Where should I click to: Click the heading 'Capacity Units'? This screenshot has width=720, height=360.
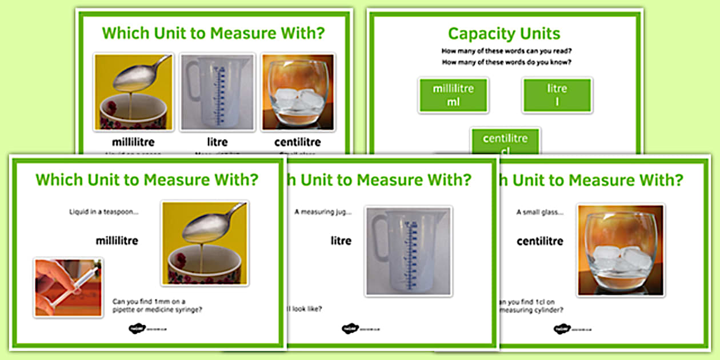pyautogui.click(x=504, y=33)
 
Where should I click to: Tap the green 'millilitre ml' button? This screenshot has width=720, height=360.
pyautogui.click(x=453, y=95)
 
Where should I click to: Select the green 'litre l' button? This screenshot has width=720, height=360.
pyautogui.click(x=557, y=95)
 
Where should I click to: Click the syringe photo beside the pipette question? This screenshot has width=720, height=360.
pyautogui.click(x=68, y=287)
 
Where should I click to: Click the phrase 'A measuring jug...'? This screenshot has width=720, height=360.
pyautogui.click(x=323, y=212)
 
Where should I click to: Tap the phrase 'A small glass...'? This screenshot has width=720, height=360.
pyautogui.click(x=540, y=212)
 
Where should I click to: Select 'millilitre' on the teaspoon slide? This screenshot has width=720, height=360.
pyautogui.click(x=117, y=241)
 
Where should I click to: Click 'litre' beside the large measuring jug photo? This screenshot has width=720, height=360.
pyautogui.click(x=341, y=241)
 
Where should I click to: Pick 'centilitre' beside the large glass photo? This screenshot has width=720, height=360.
pyautogui.click(x=540, y=241)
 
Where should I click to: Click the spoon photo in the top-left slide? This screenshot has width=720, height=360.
pyautogui.click(x=133, y=92)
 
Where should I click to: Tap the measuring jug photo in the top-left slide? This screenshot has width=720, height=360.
pyautogui.click(x=217, y=92)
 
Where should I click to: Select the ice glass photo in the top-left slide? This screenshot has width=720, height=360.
pyautogui.click(x=297, y=92)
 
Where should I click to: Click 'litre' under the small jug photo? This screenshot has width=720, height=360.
pyautogui.click(x=217, y=142)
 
